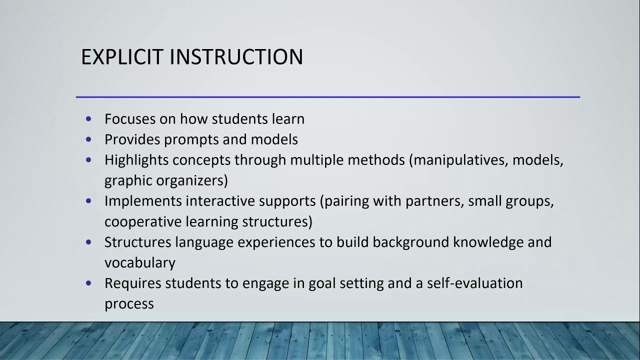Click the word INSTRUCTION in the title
(236, 57)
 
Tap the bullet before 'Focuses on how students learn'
(89, 119)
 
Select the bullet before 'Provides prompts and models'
(89, 139)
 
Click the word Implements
(143, 201)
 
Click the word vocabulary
(139, 263)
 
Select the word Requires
(132, 283)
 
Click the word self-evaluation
(474, 283)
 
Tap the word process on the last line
(129, 304)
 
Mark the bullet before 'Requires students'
(89, 283)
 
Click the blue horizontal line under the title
(327, 97)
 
